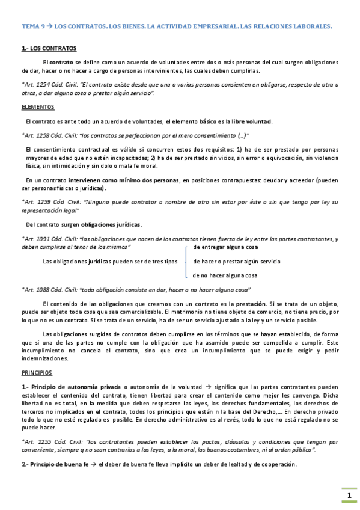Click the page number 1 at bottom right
[x=349, y=496]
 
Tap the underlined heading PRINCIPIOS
[x=37, y=373]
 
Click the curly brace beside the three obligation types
[x=188, y=261]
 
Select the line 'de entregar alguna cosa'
[x=225, y=247]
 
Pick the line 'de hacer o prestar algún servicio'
[x=236, y=262]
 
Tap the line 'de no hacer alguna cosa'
[x=225, y=275]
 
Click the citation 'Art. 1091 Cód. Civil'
[x=50, y=239]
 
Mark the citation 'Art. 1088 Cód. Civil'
[x=50, y=289]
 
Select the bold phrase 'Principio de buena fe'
[x=58, y=464]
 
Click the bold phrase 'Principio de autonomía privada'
[x=76, y=386]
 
